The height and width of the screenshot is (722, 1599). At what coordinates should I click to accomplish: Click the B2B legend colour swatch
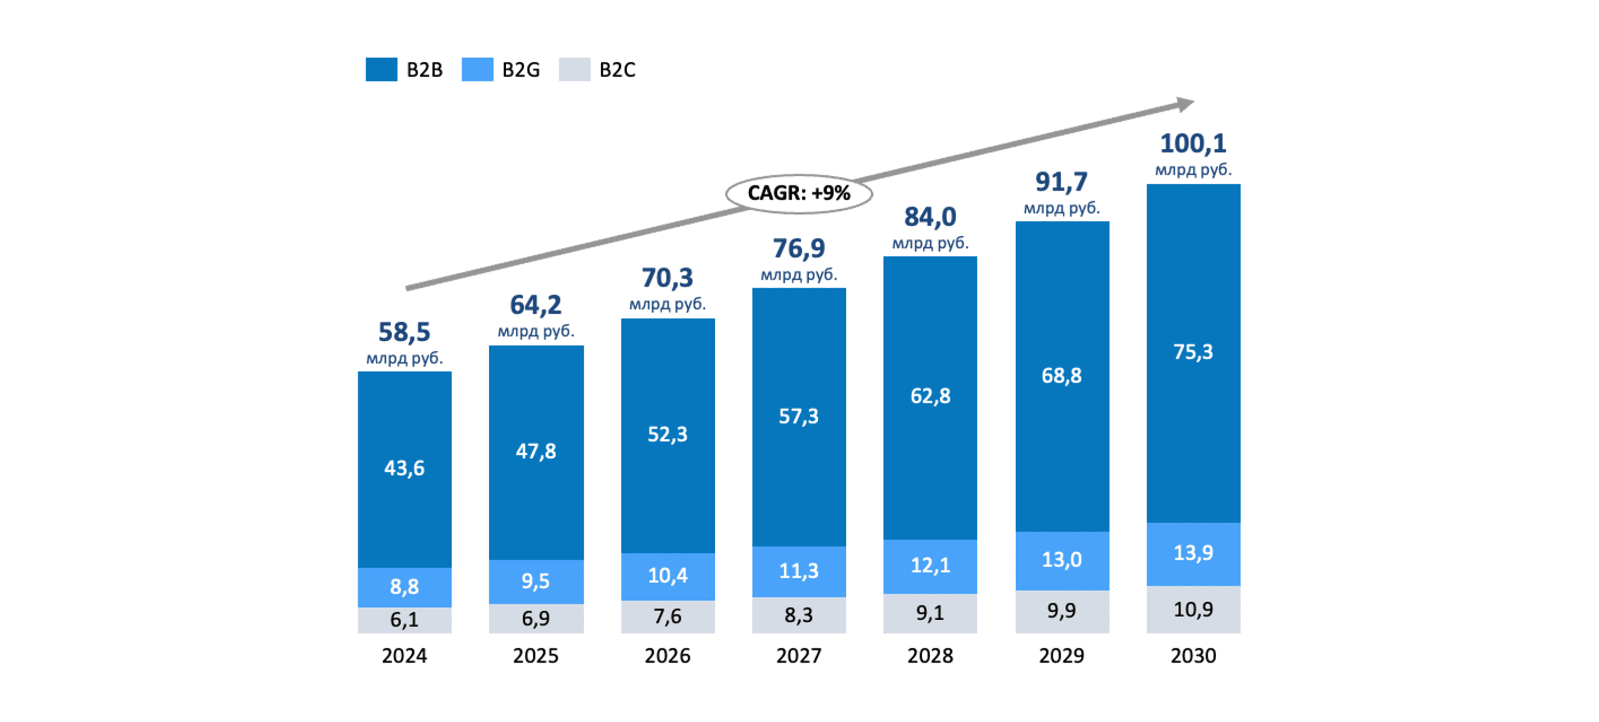click(x=381, y=70)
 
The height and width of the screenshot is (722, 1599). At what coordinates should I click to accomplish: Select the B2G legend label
click(x=521, y=70)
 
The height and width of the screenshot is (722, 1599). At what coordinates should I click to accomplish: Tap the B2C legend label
click(x=617, y=70)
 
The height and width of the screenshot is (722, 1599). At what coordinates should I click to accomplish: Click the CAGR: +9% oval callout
click(x=799, y=194)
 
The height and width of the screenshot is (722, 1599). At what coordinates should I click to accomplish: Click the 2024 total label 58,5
click(x=404, y=332)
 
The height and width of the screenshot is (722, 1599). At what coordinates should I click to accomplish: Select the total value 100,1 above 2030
click(x=1193, y=144)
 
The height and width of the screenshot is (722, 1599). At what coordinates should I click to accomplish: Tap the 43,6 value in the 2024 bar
click(x=404, y=468)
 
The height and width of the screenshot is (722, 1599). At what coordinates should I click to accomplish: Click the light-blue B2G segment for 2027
click(x=799, y=571)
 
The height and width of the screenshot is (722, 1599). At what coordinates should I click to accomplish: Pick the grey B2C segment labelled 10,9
click(x=1193, y=609)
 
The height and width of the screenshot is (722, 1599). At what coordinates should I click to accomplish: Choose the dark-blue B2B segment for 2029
click(x=1062, y=376)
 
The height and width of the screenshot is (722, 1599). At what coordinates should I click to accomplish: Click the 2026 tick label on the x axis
click(x=667, y=656)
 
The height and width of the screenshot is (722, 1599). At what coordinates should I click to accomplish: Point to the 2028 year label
click(x=930, y=656)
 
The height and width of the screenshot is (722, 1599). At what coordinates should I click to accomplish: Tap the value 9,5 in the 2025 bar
click(x=535, y=581)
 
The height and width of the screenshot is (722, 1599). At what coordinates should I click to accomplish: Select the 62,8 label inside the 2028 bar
click(x=930, y=396)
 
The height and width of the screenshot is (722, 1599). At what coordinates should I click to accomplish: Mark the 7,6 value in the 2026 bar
click(x=667, y=616)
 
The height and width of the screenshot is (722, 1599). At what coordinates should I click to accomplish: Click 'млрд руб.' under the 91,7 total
click(x=1062, y=208)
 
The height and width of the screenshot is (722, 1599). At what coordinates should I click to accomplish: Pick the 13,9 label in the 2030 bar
click(x=1193, y=553)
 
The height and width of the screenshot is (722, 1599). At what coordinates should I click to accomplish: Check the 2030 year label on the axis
click(x=1193, y=656)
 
